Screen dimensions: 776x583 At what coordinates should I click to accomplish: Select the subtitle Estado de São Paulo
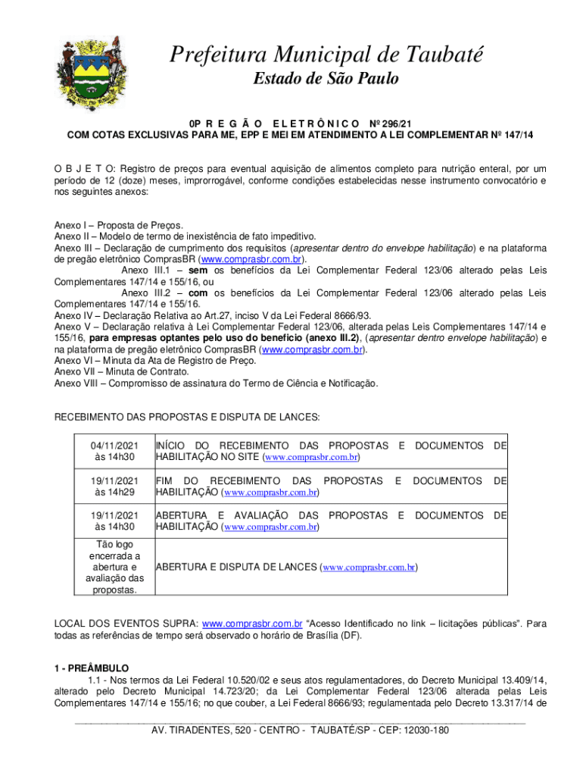point(325,79)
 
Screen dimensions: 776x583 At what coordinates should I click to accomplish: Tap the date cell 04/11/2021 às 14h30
point(115,452)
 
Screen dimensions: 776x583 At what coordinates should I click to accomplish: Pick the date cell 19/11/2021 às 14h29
point(115,487)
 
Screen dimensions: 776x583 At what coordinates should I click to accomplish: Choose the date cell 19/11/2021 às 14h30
point(115,521)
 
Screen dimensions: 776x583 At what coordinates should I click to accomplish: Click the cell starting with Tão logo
point(115,567)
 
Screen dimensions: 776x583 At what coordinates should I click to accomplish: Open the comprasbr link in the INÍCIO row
point(311,458)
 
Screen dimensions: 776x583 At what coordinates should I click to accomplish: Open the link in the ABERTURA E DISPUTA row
point(369,567)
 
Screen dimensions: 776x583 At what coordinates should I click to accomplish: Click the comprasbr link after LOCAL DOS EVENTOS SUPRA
point(253,624)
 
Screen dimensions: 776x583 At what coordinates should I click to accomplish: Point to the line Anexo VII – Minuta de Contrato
point(122,372)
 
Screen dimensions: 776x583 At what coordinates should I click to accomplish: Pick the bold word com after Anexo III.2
point(198,293)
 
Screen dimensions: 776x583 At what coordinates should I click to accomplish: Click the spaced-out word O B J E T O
point(83,167)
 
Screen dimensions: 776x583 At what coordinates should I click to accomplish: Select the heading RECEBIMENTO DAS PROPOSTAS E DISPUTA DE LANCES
point(186,417)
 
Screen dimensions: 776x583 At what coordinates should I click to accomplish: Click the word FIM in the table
point(165,481)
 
